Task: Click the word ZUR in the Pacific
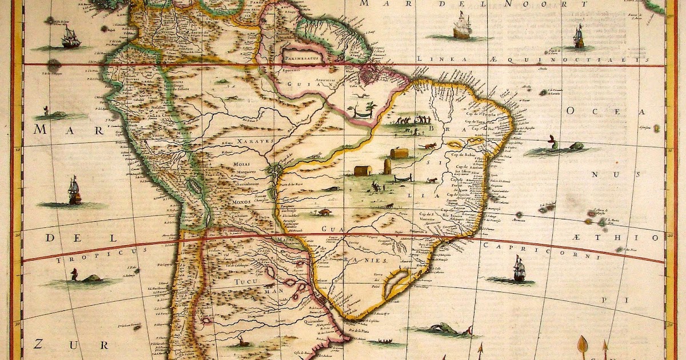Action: [x=46, y=344]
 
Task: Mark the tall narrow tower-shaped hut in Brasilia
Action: [x=387, y=166]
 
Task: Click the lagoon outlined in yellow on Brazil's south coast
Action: [x=393, y=285]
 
